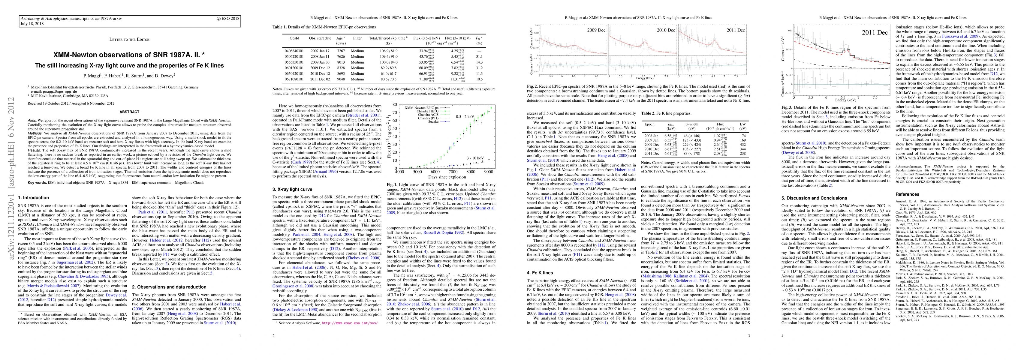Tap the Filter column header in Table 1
tap(357, 38)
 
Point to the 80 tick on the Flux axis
tap(394, 104)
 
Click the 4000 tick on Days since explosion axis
tap(399, 172)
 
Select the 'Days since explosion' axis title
tap(447, 177)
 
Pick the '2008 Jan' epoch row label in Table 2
tap(651, 136)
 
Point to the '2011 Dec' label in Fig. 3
tap(874, 33)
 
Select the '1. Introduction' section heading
tap(34, 198)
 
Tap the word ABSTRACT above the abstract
tap(129, 112)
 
